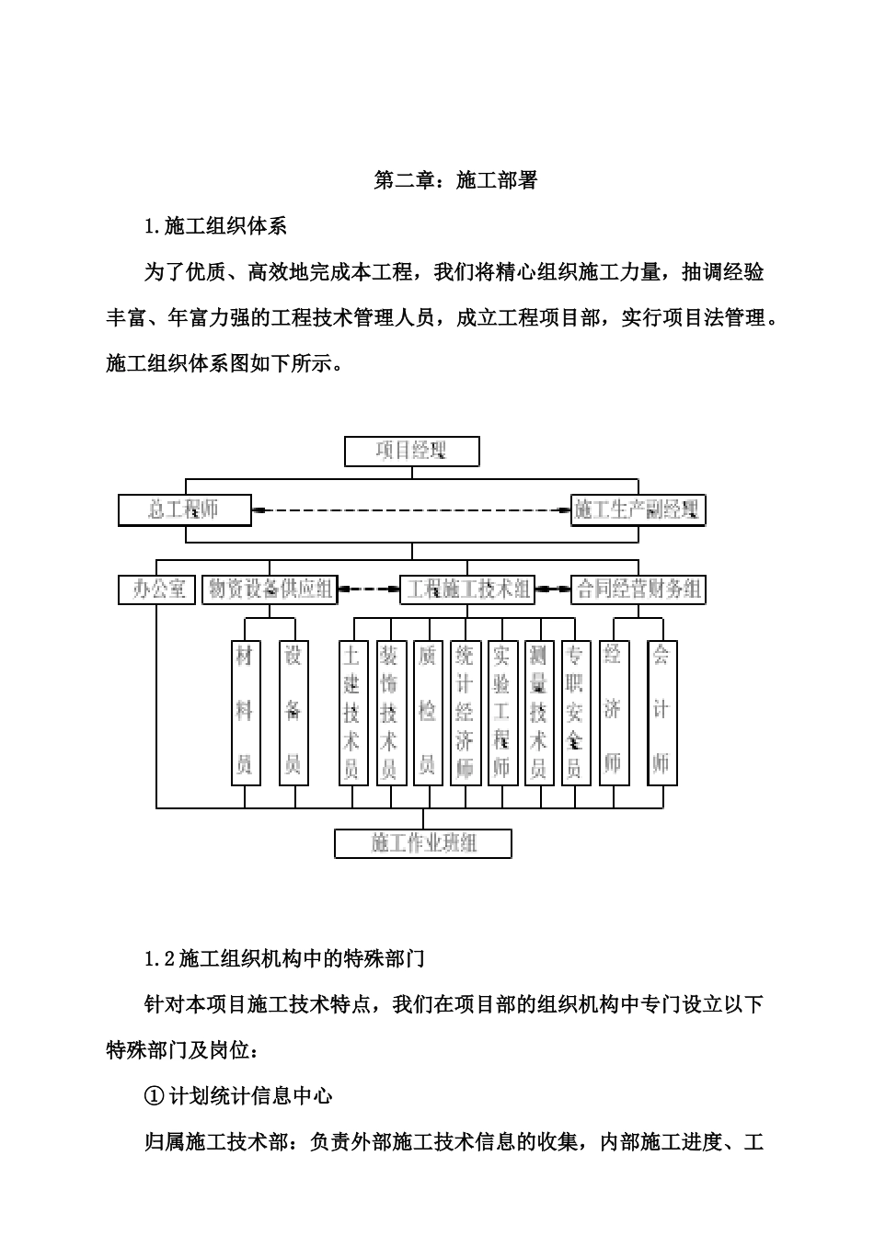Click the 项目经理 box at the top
[x=411, y=452]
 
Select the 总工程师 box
[x=185, y=509]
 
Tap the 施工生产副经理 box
[x=638, y=509]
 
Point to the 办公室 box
[x=157, y=589]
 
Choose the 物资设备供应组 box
[x=270, y=589]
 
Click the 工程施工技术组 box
[x=468, y=589]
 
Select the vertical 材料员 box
[x=245, y=713]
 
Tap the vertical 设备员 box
[x=293, y=713]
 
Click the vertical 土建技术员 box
[x=353, y=713]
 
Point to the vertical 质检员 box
[x=428, y=713]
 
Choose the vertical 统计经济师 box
[x=465, y=713]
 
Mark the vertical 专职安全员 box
[x=575, y=713]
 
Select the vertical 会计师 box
[x=661, y=713]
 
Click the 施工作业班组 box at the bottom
[x=423, y=842]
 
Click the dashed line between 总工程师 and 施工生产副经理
[x=411, y=509]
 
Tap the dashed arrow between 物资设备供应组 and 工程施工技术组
[x=368, y=589]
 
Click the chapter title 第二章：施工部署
[x=454, y=180]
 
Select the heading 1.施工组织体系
[x=216, y=226]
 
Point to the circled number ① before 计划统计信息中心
[x=155, y=1095]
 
